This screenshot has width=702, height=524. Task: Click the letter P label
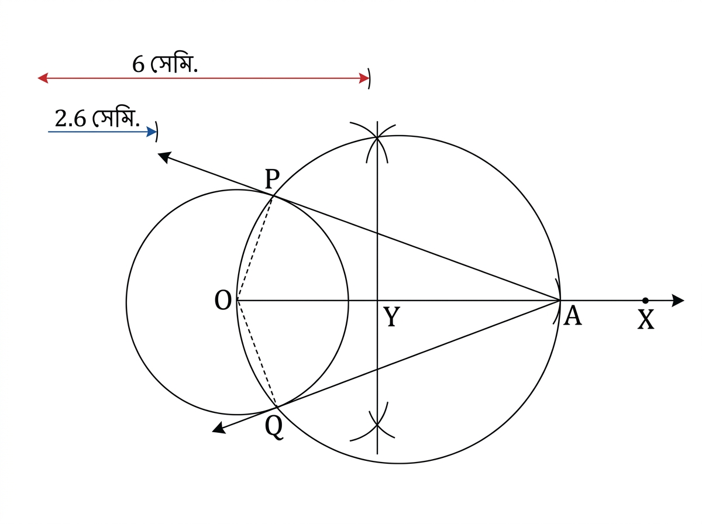point(272,178)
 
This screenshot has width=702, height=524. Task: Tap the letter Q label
point(274,428)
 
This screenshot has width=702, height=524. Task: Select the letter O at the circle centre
point(223,300)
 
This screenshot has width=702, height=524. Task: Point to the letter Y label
point(391,316)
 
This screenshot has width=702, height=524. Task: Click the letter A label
point(572,315)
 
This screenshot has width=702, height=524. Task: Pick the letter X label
point(646,319)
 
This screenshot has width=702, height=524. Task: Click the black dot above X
point(645,301)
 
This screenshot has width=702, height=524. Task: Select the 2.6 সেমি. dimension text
point(97,118)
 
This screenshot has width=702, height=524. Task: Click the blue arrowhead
point(152,132)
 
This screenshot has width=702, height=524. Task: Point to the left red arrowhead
point(43,78)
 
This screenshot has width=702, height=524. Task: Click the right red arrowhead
point(364,78)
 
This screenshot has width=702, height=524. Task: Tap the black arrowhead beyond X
point(677,301)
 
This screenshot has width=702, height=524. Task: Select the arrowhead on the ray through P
point(165,157)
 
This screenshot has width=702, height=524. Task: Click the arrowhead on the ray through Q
point(219,428)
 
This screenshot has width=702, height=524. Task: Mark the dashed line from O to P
point(254,249)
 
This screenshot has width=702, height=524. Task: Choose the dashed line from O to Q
point(256,353)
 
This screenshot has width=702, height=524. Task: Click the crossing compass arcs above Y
point(377,137)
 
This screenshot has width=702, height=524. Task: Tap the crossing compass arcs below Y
point(377,425)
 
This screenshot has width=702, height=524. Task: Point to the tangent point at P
point(273,197)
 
